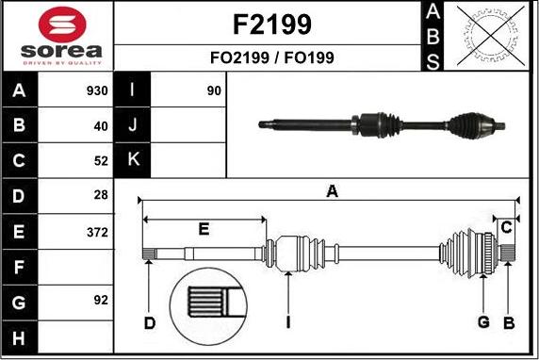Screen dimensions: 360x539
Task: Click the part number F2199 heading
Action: pyautogui.click(x=270, y=24)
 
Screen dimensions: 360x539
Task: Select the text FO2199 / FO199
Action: pyautogui.click(x=270, y=57)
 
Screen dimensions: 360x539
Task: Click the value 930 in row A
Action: pyautogui.click(x=97, y=91)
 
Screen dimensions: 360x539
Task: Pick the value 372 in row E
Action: pyautogui.click(x=97, y=232)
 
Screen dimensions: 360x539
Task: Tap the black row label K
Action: pyautogui.click(x=133, y=160)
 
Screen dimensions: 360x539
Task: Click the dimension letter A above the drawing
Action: pyautogui.click(x=331, y=192)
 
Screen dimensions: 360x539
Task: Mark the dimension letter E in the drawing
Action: pyautogui.click(x=204, y=229)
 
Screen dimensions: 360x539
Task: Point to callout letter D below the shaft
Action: pyautogui.click(x=149, y=323)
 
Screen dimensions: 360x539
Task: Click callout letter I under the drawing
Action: pyautogui.click(x=288, y=323)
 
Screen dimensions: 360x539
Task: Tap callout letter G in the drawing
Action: pyautogui.click(x=482, y=323)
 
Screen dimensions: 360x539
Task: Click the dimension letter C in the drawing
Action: pyautogui.click(x=506, y=227)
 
